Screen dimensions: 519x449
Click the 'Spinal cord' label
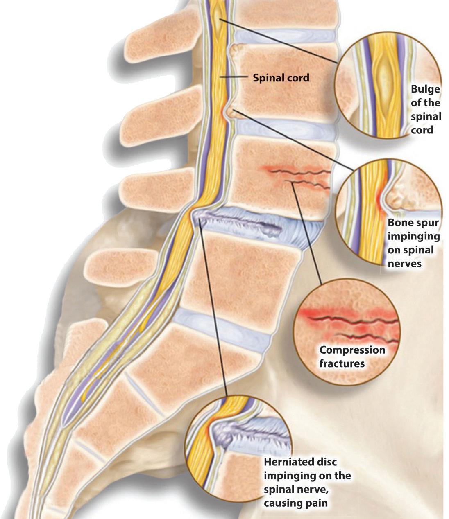point(281,77)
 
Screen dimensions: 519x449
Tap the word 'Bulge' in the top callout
point(425,89)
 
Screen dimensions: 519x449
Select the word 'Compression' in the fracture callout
point(352,350)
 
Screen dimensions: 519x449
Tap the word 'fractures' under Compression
point(342,363)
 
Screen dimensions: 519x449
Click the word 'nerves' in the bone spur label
point(404,264)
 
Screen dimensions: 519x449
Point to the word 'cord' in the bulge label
point(422,130)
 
